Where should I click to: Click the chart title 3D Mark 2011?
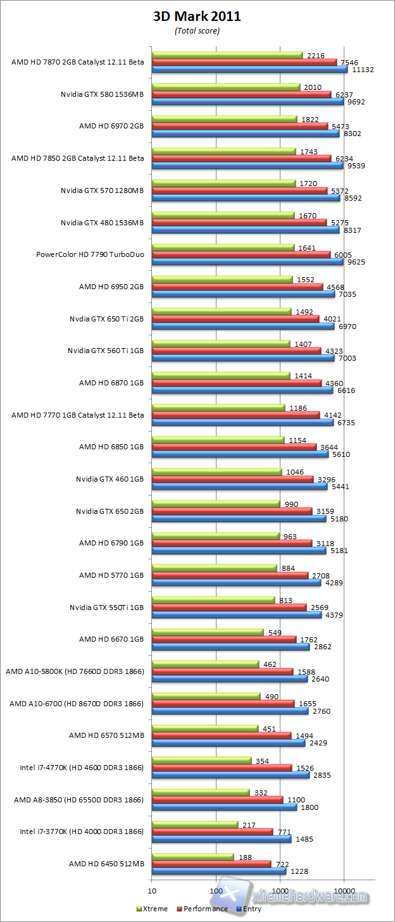[x=197, y=17]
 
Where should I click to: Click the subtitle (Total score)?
[x=197, y=30]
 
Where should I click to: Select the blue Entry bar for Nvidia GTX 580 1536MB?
[x=248, y=101]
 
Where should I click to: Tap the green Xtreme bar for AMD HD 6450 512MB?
[x=192, y=856]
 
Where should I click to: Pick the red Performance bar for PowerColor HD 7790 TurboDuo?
[x=241, y=254]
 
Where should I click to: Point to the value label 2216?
[x=315, y=55]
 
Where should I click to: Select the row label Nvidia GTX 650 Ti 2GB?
[x=107, y=318]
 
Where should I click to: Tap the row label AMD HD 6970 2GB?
[x=111, y=126]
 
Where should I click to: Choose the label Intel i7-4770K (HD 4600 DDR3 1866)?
[x=82, y=768]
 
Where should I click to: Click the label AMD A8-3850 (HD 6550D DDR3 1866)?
[x=79, y=799]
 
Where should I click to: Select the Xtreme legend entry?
[x=152, y=909]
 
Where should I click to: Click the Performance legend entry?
[x=203, y=909]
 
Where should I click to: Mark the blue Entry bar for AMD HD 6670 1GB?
[x=230, y=647]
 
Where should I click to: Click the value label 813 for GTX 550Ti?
[x=285, y=600]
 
